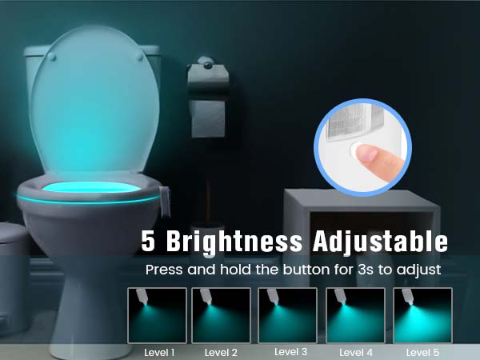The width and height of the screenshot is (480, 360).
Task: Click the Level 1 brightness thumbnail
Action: point(157,315)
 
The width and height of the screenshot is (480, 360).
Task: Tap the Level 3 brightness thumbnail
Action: point(288,315)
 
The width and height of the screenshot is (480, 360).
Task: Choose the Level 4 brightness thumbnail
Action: point(354,315)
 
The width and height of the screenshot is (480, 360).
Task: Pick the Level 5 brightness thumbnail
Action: point(422,315)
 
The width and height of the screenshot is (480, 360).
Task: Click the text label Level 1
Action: point(159,352)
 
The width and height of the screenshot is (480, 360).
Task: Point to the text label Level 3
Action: point(290,351)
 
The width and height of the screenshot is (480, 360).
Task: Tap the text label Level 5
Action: point(422,352)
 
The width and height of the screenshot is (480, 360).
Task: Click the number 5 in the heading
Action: point(148,240)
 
